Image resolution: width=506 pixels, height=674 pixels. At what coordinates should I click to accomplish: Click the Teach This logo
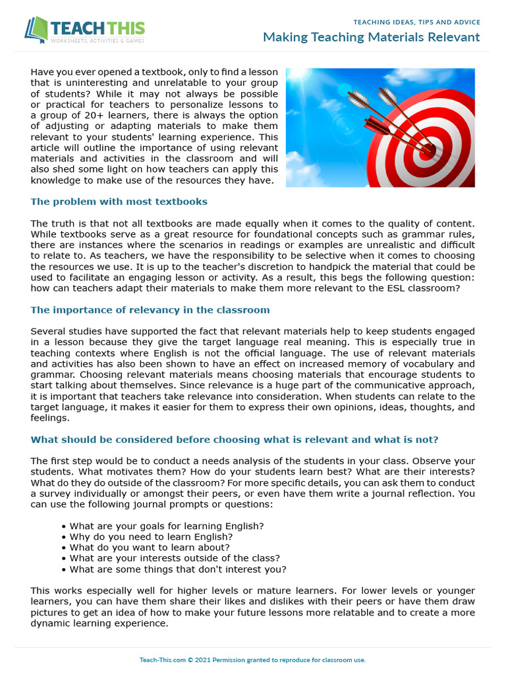[x=84, y=30]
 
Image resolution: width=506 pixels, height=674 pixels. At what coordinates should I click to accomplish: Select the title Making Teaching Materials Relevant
[x=371, y=37]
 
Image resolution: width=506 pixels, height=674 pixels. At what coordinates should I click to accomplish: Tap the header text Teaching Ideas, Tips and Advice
[x=417, y=22]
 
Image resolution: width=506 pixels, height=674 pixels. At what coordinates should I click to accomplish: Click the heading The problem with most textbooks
[x=119, y=201]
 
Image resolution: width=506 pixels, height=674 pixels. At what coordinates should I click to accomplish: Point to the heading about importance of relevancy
[x=150, y=309]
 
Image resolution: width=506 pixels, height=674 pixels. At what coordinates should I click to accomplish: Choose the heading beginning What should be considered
[x=235, y=439]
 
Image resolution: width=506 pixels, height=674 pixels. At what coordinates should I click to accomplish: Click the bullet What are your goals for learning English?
[x=166, y=526]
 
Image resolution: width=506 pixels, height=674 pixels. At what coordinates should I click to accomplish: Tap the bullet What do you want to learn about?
[x=150, y=548]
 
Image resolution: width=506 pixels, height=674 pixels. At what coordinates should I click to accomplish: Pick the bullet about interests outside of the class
[x=175, y=558]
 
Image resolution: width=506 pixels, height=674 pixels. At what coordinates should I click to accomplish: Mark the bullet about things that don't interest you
[x=178, y=569]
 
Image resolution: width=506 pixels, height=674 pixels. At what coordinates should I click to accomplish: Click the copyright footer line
[x=253, y=660]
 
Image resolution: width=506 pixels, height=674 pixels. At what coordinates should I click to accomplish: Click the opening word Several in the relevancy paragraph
[x=49, y=331]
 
